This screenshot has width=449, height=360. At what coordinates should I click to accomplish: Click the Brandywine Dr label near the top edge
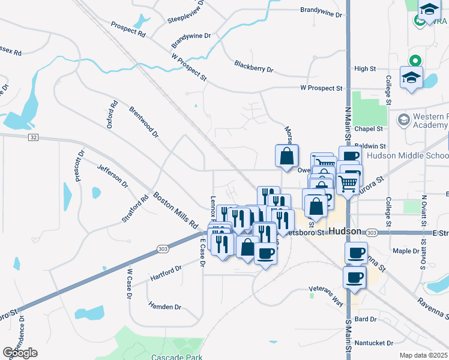(x=321, y=11)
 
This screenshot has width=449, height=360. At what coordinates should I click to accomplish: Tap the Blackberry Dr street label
(x=253, y=67)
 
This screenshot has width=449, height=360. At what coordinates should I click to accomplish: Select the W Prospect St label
(x=321, y=88)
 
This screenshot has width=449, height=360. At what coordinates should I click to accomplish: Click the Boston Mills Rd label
(x=176, y=209)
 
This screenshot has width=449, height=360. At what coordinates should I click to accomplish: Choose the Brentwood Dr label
(x=143, y=122)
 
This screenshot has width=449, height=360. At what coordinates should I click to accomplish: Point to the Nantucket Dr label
(x=373, y=343)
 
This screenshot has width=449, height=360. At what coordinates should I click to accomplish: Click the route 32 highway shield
(x=33, y=137)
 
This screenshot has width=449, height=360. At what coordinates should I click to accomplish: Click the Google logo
(x=20, y=352)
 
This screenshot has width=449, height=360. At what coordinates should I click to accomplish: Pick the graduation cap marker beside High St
(x=412, y=79)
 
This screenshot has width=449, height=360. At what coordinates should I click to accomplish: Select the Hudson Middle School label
(x=407, y=155)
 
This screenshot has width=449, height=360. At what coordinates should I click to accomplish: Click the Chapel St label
(x=369, y=129)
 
